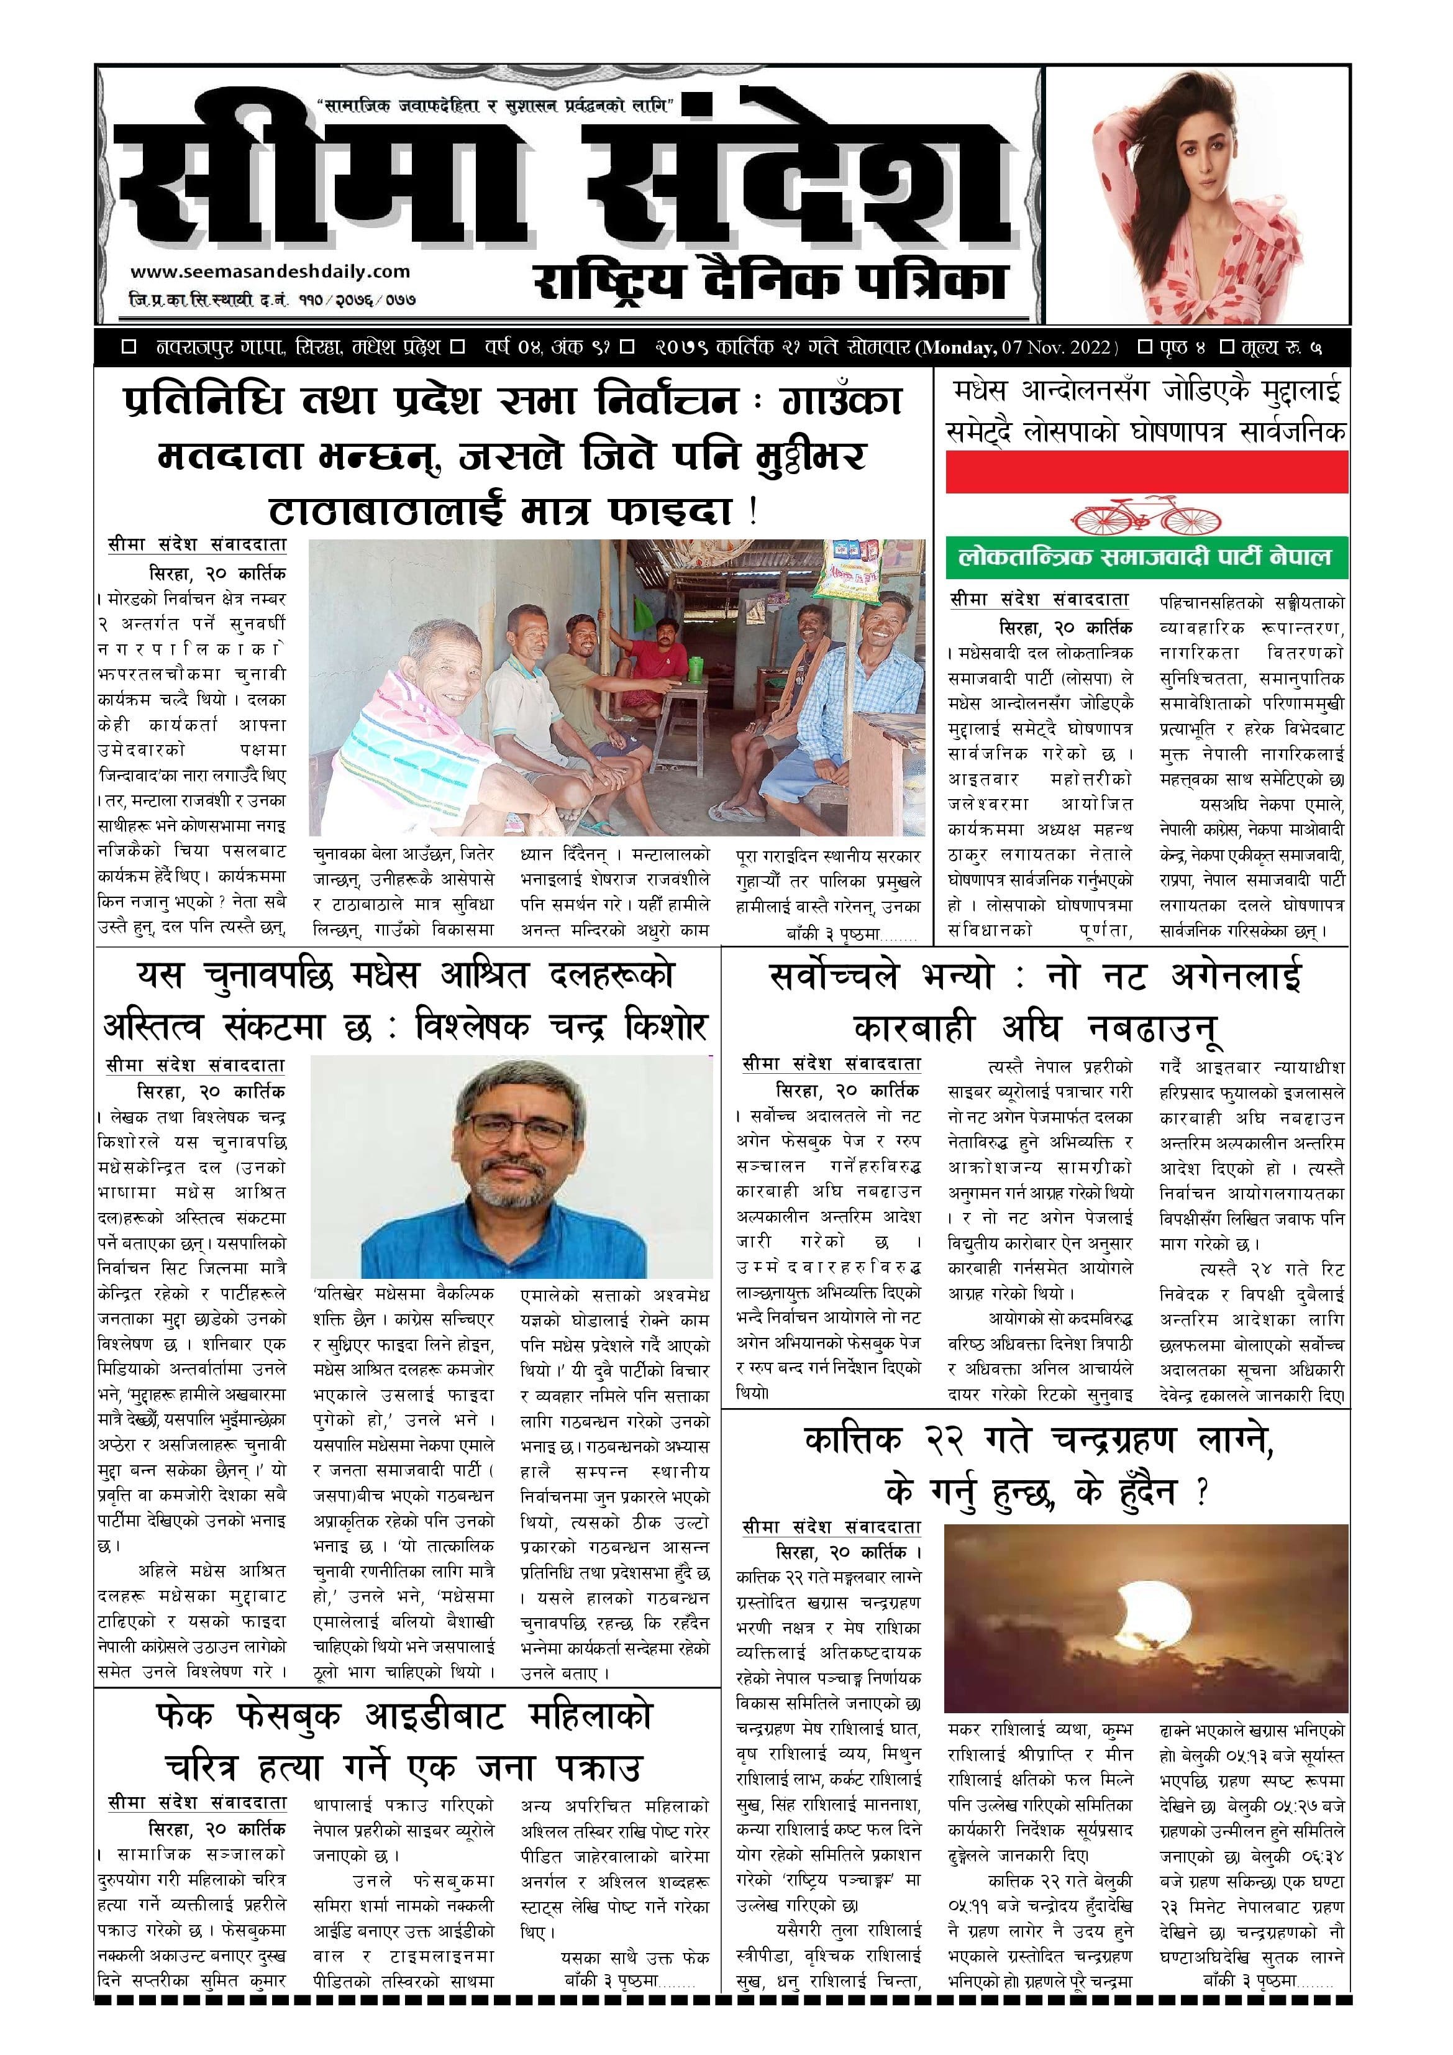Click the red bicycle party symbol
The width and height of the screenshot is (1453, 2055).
[x=1146, y=518]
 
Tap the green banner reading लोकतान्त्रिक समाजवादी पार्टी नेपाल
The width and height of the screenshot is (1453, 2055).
[x=1146, y=557]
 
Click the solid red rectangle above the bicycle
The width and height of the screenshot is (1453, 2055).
[x=1146, y=472]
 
